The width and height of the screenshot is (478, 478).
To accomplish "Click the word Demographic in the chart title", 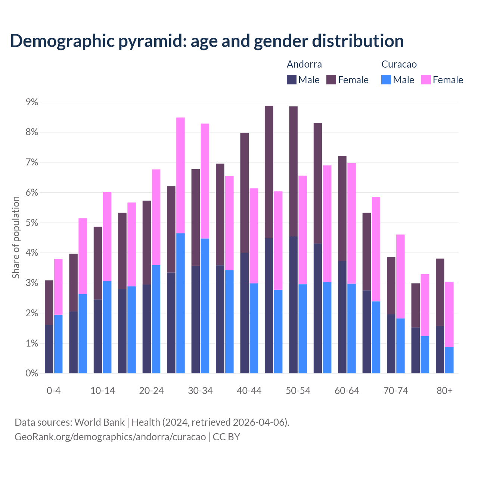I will click(62, 41).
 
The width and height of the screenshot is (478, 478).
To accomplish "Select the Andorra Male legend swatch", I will click(292, 80).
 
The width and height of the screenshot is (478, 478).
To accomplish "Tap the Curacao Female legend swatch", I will click(426, 80).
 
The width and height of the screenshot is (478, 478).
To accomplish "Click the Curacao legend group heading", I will click(399, 64).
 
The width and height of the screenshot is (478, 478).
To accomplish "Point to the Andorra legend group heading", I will click(304, 64).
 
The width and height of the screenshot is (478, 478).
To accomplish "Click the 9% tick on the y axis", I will click(32, 102).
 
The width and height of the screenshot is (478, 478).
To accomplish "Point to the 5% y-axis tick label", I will click(32, 223).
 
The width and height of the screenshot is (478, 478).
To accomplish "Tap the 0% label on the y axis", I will click(32, 373).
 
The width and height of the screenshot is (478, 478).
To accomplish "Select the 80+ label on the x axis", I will click(444, 391).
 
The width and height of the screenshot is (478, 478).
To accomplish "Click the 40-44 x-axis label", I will click(249, 391).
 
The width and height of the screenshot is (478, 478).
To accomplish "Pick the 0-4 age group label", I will click(53, 391).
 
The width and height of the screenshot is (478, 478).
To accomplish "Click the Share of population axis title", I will click(16, 238).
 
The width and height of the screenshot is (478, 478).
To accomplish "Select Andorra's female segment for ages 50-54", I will click(294, 171).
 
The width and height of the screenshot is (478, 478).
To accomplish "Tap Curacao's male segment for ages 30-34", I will click(205, 305).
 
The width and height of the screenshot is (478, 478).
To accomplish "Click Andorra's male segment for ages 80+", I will click(440, 350).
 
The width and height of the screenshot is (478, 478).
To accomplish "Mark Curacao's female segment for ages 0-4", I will click(58, 287).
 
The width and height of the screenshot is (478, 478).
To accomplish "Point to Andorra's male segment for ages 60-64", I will click(342, 317).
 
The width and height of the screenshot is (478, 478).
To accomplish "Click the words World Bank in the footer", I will click(99, 422).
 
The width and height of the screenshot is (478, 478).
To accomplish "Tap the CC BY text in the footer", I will click(226, 437).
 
